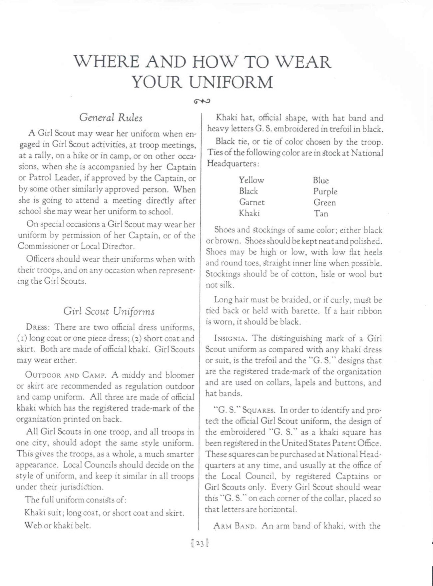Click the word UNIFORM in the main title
click(231, 82)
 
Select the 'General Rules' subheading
click(111, 118)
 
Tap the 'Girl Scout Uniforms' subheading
click(109, 311)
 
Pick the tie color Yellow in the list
click(251, 180)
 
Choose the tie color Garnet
click(252, 202)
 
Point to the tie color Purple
click(325, 192)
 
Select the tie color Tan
click(321, 213)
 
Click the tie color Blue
click(321, 180)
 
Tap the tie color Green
click(324, 202)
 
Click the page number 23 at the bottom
click(200, 543)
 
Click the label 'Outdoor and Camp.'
click(66, 375)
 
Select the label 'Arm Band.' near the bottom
click(235, 526)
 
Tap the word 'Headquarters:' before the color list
click(232, 164)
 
